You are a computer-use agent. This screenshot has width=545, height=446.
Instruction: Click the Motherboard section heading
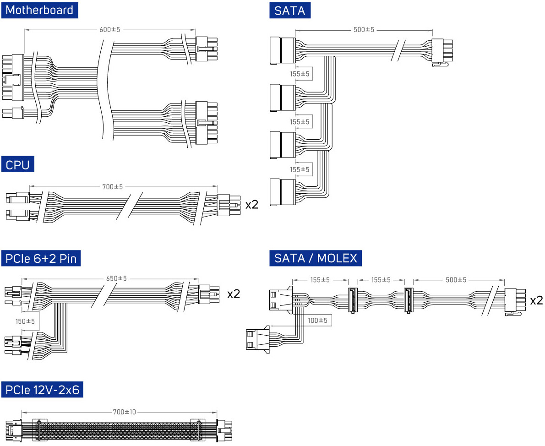(x=39, y=10)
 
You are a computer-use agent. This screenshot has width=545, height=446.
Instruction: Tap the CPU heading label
(x=18, y=164)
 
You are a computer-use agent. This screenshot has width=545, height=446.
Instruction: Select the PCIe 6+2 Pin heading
(x=41, y=258)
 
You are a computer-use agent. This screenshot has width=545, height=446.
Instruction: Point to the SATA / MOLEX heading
(x=316, y=258)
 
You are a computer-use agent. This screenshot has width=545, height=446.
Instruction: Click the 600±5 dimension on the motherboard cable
(x=110, y=30)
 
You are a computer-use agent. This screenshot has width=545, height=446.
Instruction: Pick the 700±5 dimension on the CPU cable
(x=113, y=187)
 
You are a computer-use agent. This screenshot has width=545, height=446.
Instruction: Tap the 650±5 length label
(x=116, y=278)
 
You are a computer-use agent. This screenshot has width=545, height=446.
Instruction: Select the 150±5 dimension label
(x=26, y=321)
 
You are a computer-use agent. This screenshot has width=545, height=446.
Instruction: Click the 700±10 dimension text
(x=125, y=412)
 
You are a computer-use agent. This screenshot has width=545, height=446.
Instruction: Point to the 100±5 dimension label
(x=318, y=321)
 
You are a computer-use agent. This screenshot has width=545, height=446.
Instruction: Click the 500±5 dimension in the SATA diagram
(x=364, y=30)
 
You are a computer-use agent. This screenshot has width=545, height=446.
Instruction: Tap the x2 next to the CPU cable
(x=252, y=204)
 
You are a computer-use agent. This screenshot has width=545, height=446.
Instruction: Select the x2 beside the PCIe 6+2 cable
(x=234, y=294)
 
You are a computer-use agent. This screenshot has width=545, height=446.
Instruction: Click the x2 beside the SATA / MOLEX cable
(x=536, y=300)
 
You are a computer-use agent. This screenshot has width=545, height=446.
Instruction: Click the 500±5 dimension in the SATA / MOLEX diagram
(x=456, y=280)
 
